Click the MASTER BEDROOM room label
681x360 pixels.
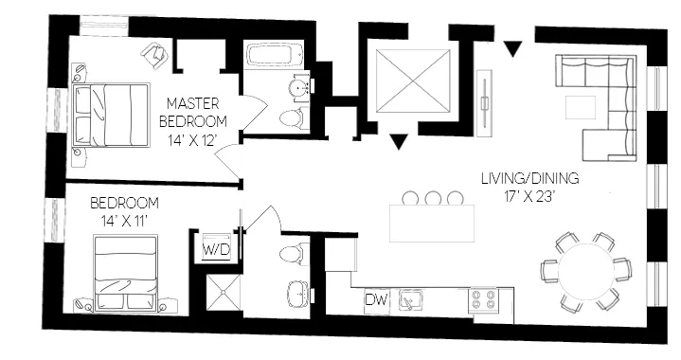click(x=193, y=111)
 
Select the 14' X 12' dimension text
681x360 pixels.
click(x=193, y=141)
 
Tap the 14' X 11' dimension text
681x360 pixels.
click(x=124, y=221)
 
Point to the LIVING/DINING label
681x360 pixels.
click(x=529, y=178)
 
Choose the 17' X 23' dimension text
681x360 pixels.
click(x=529, y=197)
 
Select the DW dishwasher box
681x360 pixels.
click(x=376, y=300)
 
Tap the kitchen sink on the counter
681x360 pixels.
click(x=410, y=300)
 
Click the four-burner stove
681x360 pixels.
click(x=484, y=300)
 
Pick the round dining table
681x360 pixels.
click(x=585, y=269)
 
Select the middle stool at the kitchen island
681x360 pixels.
click(x=434, y=199)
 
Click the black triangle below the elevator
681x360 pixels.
click(x=399, y=142)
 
